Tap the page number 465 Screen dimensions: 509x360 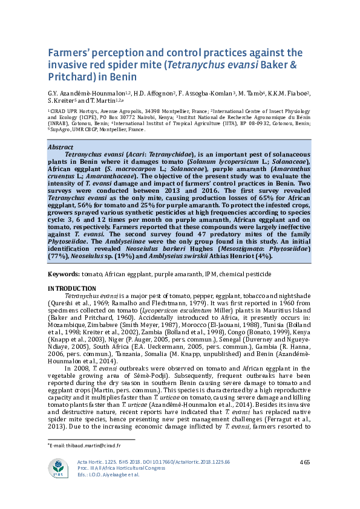pos(305,462)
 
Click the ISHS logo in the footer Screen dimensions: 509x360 pos(59,468)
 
